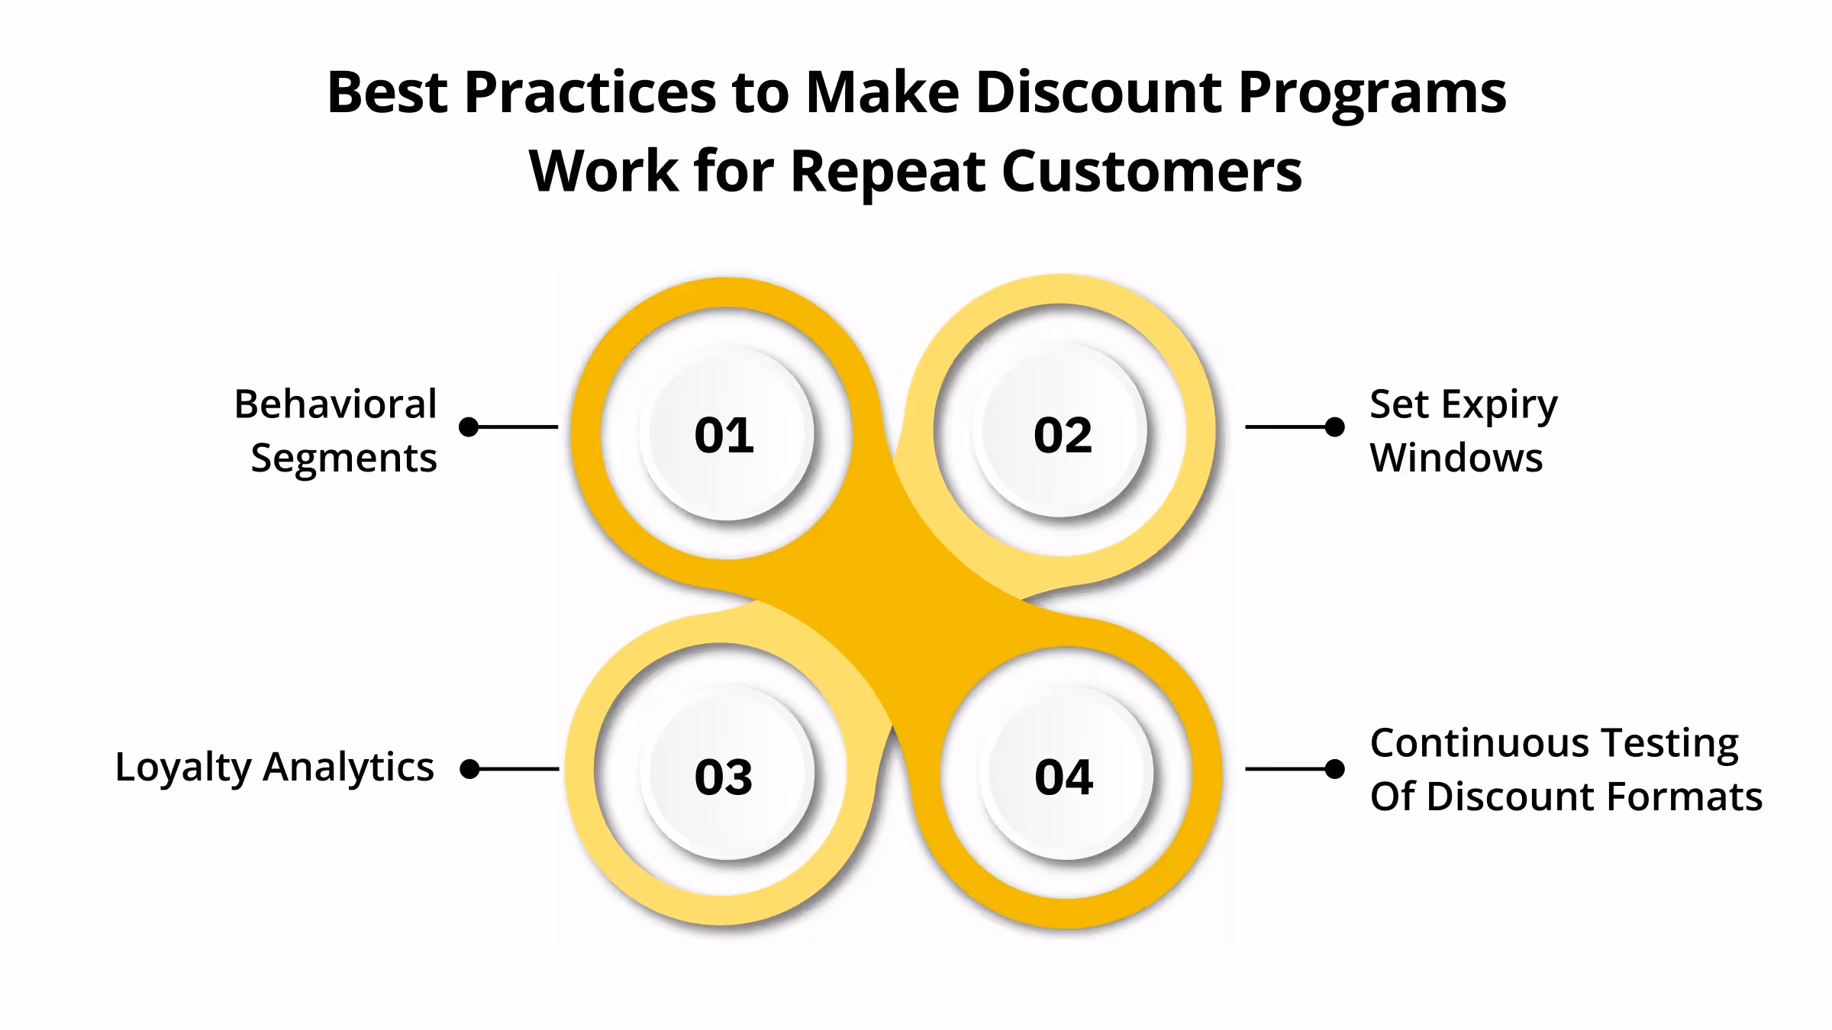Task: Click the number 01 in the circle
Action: pyautogui.click(x=724, y=436)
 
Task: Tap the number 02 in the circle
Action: pyautogui.click(x=1063, y=436)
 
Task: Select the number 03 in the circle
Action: pyautogui.click(x=724, y=777)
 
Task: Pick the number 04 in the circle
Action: pyautogui.click(x=1063, y=777)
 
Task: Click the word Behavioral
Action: pyautogui.click(x=335, y=404)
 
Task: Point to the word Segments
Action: pyautogui.click(x=343, y=459)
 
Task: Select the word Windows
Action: pyautogui.click(x=1456, y=458)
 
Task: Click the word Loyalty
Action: pyautogui.click(x=183, y=768)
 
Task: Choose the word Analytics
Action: pyautogui.click(x=348, y=766)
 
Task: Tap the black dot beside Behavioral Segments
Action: pyautogui.click(x=469, y=427)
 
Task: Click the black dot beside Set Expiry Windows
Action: pyautogui.click(x=1334, y=427)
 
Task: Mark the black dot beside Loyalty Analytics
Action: pyautogui.click(x=470, y=769)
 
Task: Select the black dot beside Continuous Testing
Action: pyautogui.click(x=1334, y=769)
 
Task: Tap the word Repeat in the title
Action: pyautogui.click(x=889, y=171)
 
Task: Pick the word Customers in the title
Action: pyautogui.click(x=1151, y=171)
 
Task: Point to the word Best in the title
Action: pyautogui.click(x=387, y=93)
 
